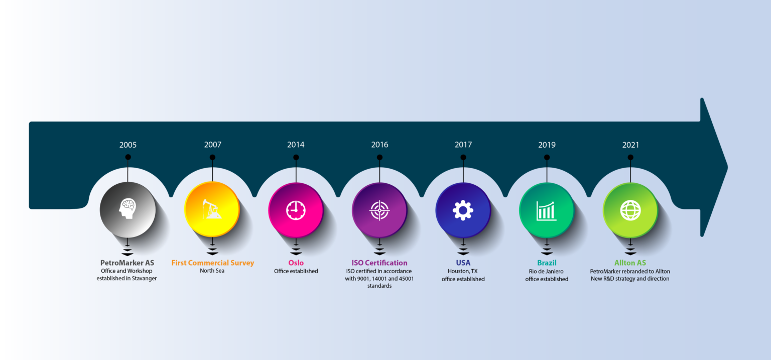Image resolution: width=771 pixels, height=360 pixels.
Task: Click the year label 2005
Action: point(128,145)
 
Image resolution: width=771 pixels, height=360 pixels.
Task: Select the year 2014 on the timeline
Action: point(296,145)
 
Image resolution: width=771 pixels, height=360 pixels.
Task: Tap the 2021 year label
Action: point(630,145)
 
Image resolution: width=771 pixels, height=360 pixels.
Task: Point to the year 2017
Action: point(463,145)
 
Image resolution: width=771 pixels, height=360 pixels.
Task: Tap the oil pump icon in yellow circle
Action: point(212,210)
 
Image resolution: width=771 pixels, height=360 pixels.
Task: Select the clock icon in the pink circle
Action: point(296,210)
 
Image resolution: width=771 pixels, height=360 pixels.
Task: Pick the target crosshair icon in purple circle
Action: point(379,210)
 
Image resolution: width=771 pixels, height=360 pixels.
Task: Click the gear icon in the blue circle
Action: point(463,210)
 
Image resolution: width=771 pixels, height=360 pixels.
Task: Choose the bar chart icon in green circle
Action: point(547,211)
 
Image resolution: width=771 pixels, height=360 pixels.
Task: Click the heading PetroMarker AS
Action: point(127,263)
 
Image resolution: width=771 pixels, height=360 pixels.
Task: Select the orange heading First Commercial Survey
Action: point(213,263)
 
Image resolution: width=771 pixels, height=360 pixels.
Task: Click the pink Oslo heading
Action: point(296,263)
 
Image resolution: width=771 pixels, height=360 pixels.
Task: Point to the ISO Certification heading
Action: point(379,263)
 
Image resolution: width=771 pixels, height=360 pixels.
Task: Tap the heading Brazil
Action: point(547,263)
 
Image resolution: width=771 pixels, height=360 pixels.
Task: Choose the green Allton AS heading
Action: point(630,263)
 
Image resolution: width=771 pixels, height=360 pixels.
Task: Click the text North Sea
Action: point(212,271)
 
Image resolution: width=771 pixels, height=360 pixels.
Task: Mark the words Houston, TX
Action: point(463,271)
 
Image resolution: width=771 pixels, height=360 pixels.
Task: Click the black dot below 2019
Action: point(547,157)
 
